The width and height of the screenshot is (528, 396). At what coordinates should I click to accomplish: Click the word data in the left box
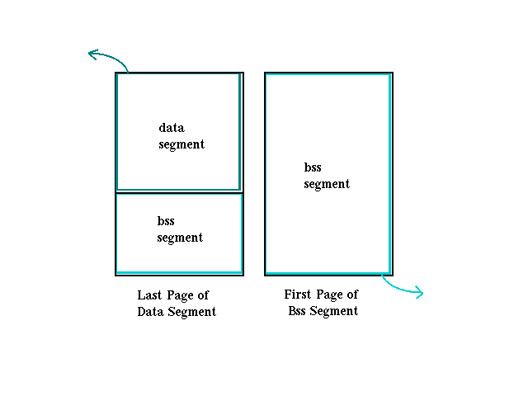coord(172,128)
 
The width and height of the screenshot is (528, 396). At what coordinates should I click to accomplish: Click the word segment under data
coord(181,144)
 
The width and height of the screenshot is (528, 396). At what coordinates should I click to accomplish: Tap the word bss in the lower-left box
coord(166,221)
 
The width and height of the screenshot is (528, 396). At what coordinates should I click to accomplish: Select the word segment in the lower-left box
coord(180,238)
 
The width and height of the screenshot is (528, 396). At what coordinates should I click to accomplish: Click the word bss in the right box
coord(313,167)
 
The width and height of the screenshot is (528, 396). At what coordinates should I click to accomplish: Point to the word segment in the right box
coord(327,184)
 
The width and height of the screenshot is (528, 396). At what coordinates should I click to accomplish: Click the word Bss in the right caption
coord(298,311)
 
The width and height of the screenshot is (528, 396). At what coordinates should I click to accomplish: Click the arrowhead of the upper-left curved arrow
coord(92,54)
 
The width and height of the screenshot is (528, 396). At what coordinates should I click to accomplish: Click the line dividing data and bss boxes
coord(179,192)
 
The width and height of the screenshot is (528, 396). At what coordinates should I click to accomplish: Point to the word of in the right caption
coord(353,295)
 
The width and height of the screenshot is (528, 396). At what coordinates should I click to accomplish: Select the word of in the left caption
coord(204,295)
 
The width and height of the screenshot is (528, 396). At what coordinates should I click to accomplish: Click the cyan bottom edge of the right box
coord(328,272)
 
